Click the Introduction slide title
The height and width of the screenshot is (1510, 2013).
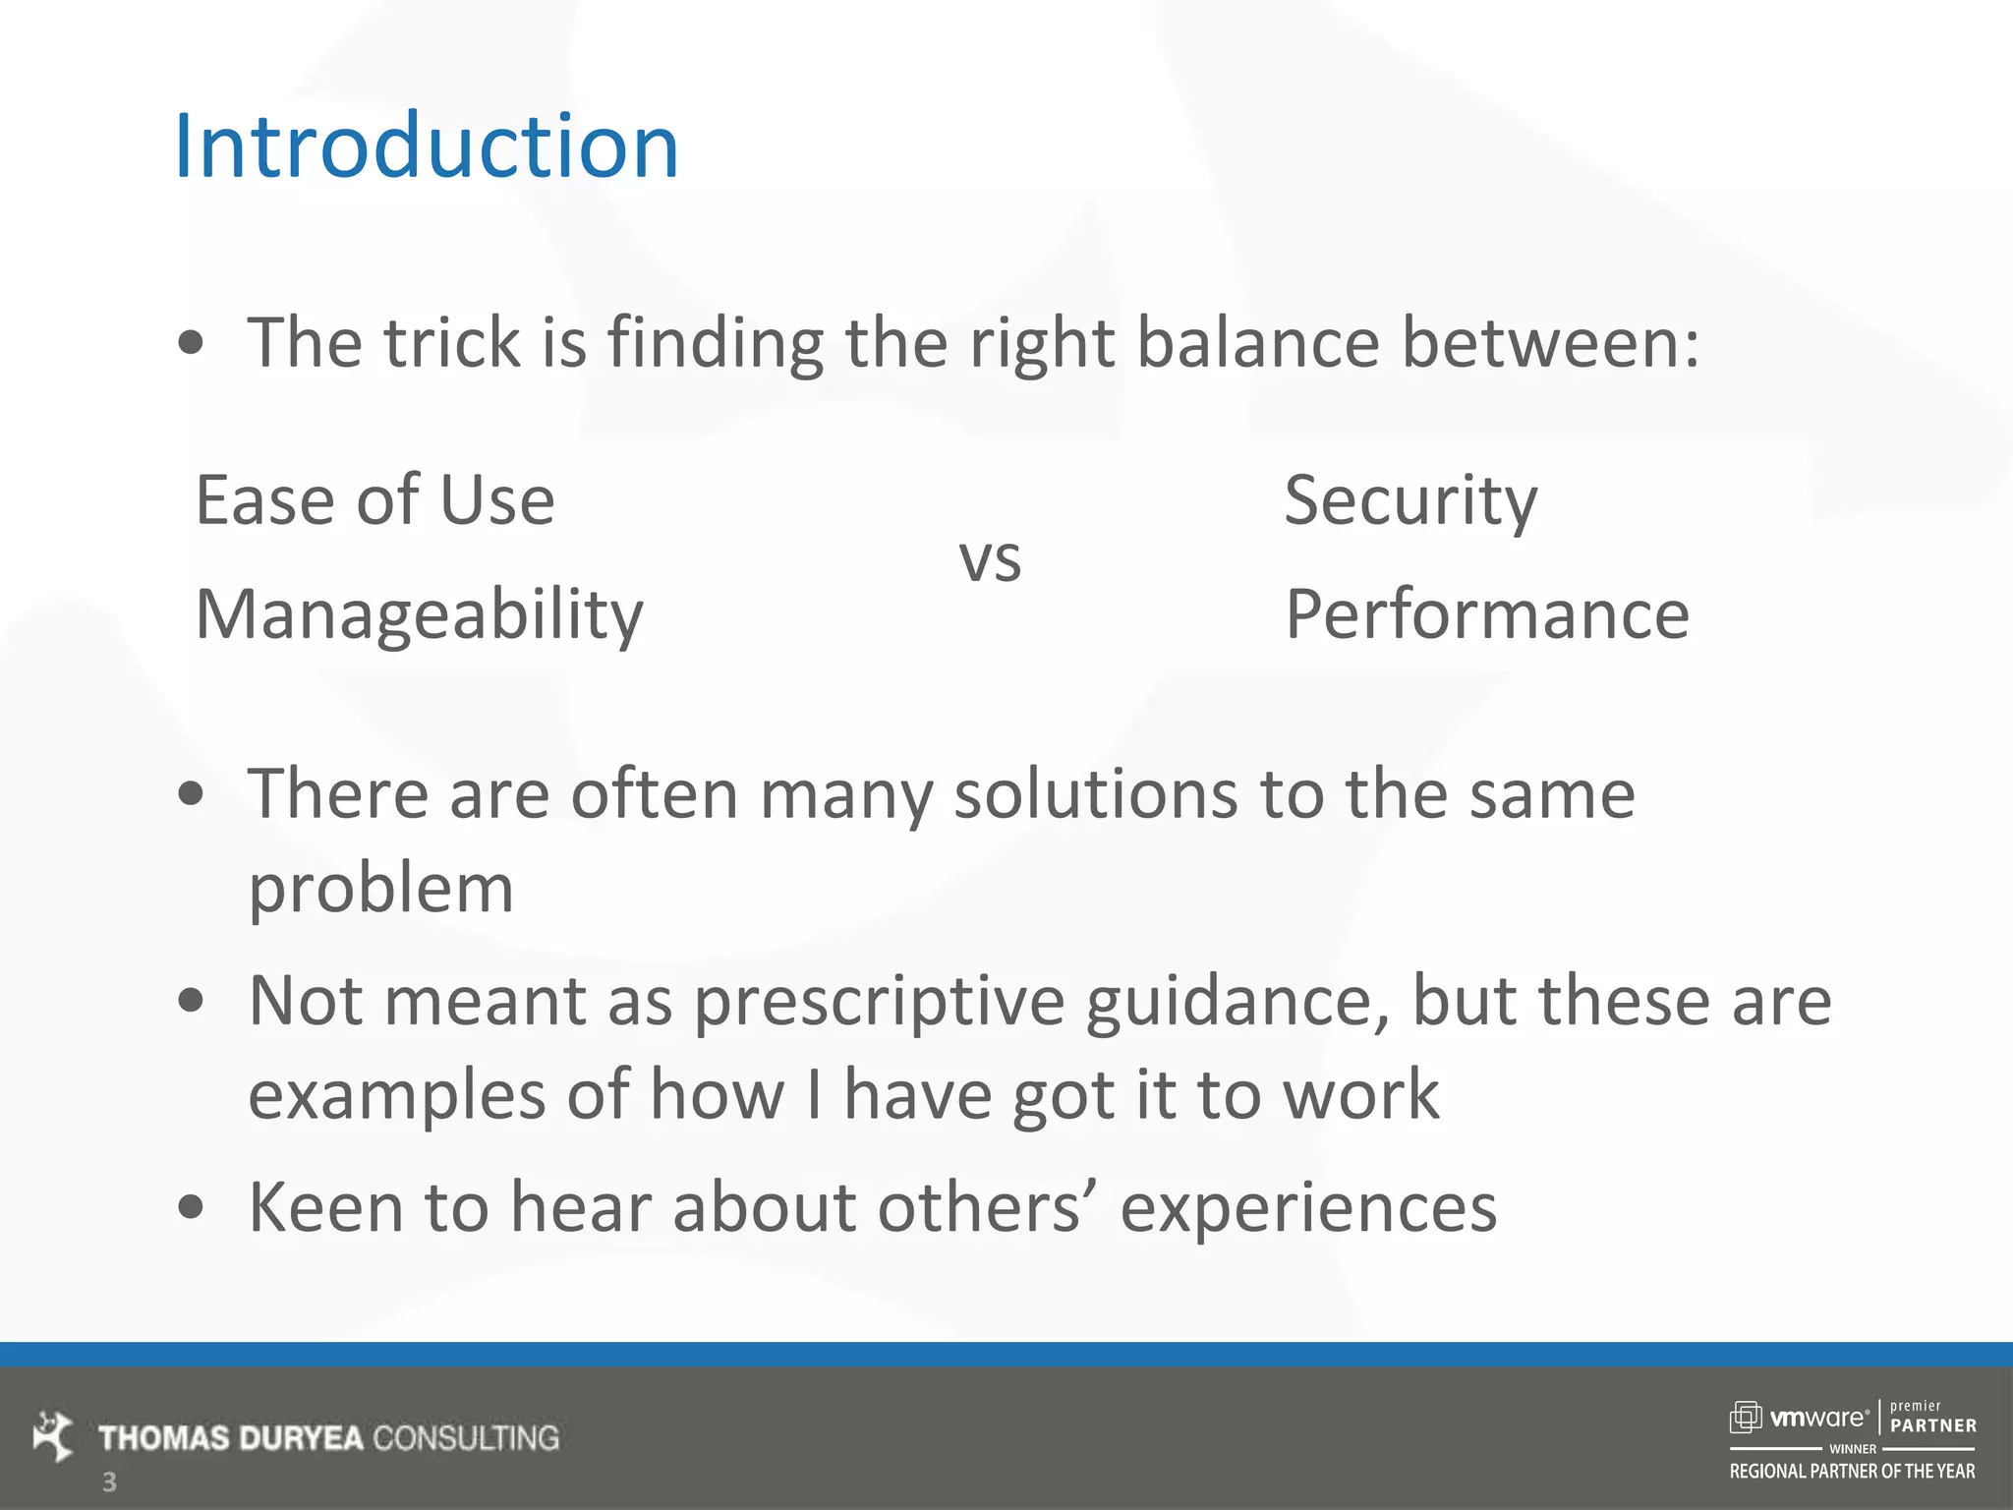[x=426, y=146]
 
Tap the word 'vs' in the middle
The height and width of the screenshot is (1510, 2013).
[x=990, y=560]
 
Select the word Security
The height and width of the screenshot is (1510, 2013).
[x=1410, y=501]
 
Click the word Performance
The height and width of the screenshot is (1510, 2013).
[x=1487, y=614]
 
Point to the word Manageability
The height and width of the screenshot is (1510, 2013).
[x=420, y=614]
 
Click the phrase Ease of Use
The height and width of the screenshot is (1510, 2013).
[x=375, y=500]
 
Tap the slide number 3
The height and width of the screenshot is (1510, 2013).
[x=109, y=1481]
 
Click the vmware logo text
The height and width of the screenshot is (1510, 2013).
[x=1817, y=1418]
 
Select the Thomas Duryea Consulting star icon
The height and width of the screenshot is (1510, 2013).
[x=53, y=1436]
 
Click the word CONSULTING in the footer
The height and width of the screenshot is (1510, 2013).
[x=466, y=1438]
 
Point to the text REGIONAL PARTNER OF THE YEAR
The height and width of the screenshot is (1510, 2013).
[x=1852, y=1472]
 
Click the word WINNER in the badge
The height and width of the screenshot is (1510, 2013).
[x=1852, y=1449]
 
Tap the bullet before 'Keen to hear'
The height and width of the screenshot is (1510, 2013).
[x=192, y=1207]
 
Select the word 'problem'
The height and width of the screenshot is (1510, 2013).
[x=381, y=888]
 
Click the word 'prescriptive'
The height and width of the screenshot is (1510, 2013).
[x=879, y=1001]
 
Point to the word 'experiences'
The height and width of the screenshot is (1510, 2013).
[x=1308, y=1207]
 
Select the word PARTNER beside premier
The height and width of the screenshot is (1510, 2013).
[x=1932, y=1425]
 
